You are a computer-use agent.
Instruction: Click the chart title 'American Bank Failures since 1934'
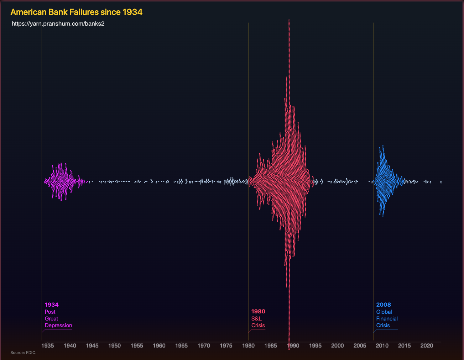(x=76, y=12)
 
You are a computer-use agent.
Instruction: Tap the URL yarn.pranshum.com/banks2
(x=58, y=24)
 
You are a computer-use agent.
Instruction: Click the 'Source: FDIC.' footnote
(x=24, y=353)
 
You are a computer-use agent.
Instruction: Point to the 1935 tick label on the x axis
(x=47, y=345)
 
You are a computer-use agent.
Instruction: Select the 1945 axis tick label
(x=92, y=345)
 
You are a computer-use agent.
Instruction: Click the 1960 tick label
(x=159, y=345)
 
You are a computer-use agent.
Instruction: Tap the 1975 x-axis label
(x=226, y=345)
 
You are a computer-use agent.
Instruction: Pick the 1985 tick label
(x=271, y=345)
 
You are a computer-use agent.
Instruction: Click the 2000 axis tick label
(x=338, y=345)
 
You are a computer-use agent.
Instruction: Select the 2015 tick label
(x=404, y=345)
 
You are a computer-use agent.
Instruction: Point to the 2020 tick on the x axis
(x=427, y=345)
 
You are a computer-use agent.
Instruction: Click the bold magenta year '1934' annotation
(x=52, y=305)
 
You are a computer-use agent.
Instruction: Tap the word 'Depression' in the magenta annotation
(x=58, y=325)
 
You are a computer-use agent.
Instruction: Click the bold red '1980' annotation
(x=258, y=312)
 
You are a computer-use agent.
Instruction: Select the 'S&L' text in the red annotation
(x=256, y=319)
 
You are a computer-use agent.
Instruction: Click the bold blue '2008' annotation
(x=384, y=305)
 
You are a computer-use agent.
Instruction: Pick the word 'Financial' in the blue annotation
(x=387, y=319)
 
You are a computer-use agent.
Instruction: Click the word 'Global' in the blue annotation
(x=384, y=312)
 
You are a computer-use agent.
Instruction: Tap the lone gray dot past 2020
(x=441, y=182)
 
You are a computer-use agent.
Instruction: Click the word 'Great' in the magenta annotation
(x=51, y=319)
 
